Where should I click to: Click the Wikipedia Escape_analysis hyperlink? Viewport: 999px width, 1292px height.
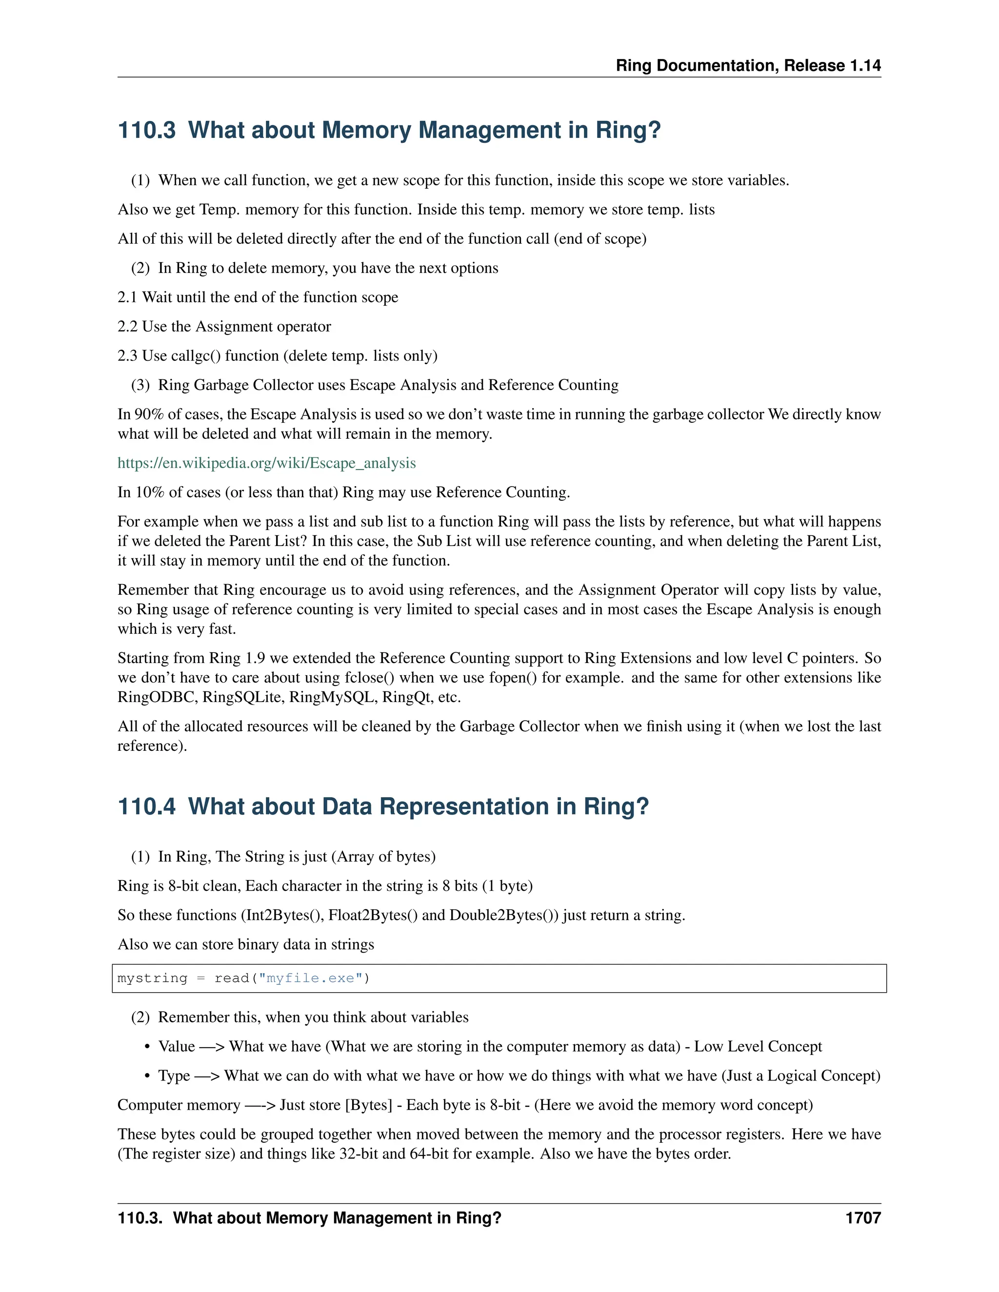click(x=266, y=463)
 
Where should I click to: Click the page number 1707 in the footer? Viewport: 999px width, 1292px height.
click(x=863, y=1218)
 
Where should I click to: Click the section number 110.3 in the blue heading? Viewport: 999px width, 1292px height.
click(x=147, y=130)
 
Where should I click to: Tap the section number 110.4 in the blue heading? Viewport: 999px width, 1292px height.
click(x=147, y=807)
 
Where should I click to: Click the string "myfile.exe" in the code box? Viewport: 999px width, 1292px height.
click(x=310, y=978)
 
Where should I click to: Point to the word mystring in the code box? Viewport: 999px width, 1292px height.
click(x=152, y=978)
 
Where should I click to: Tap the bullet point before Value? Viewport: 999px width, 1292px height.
click(x=147, y=1047)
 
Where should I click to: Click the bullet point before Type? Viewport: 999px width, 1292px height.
click(x=147, y=1076)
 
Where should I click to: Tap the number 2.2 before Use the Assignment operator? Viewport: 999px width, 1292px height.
click(x=127, y=327)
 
